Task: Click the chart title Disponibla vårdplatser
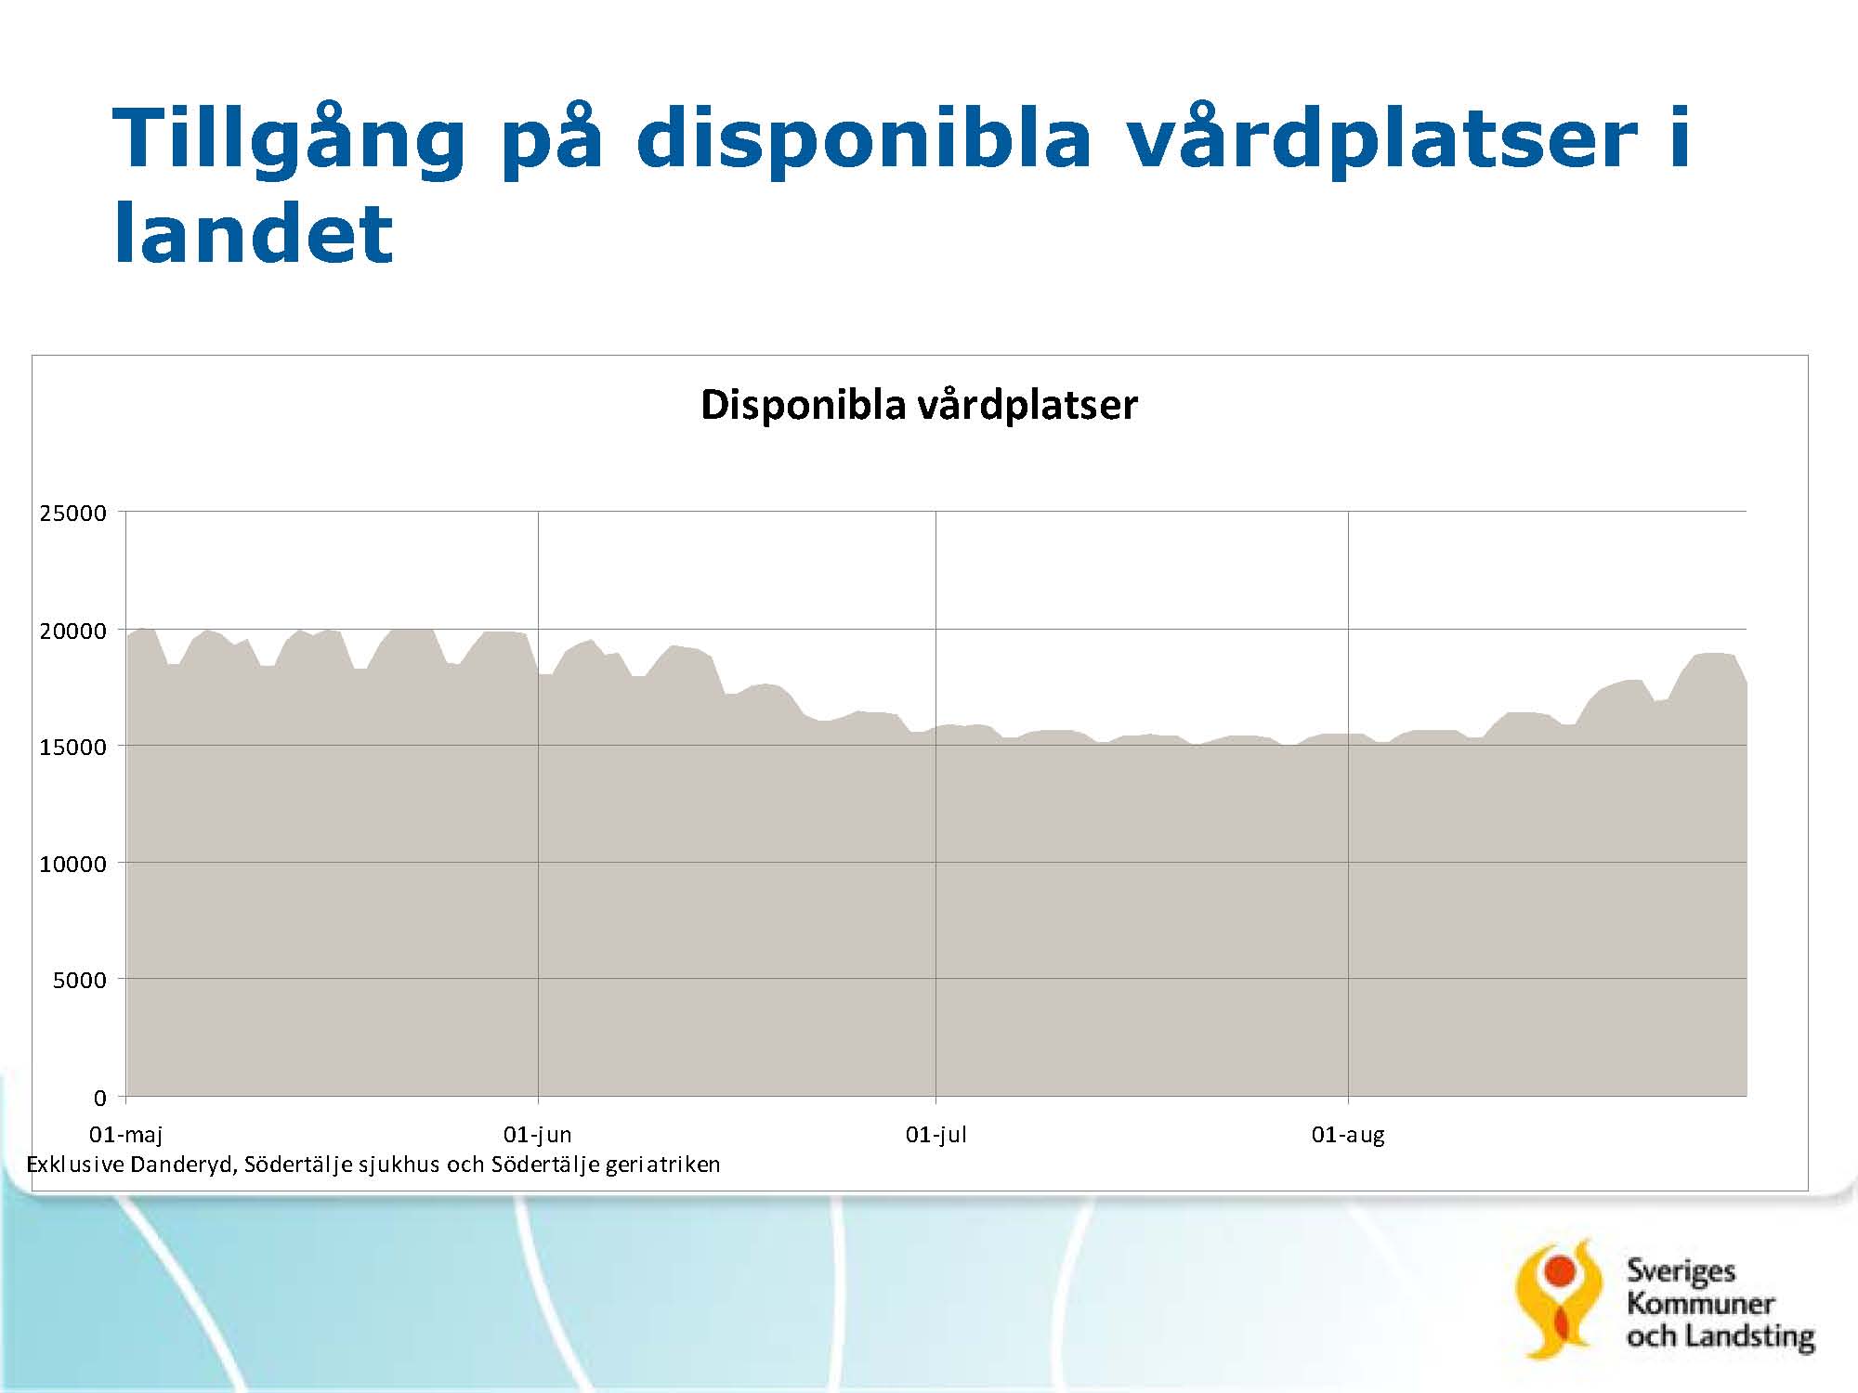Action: coord(919,405)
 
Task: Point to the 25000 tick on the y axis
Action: coord(73,514)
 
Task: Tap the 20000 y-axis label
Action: coord(73,631)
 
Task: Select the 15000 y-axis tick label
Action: coord(73,748)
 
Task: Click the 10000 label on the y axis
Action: coord(73,865)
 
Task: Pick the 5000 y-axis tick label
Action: coord(80,981)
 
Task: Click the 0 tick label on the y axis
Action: coord(100,1099)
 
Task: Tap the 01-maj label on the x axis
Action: coord(126,1135)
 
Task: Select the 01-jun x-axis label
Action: coord(538,1135)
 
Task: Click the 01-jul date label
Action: coord(936,1135)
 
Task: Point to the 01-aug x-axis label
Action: coord(1348,1135)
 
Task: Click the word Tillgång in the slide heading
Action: coord(289,140)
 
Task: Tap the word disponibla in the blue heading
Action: coord(864,140)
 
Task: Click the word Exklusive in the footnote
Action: coord(75,1165)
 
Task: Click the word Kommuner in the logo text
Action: coord(1701,1304)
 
